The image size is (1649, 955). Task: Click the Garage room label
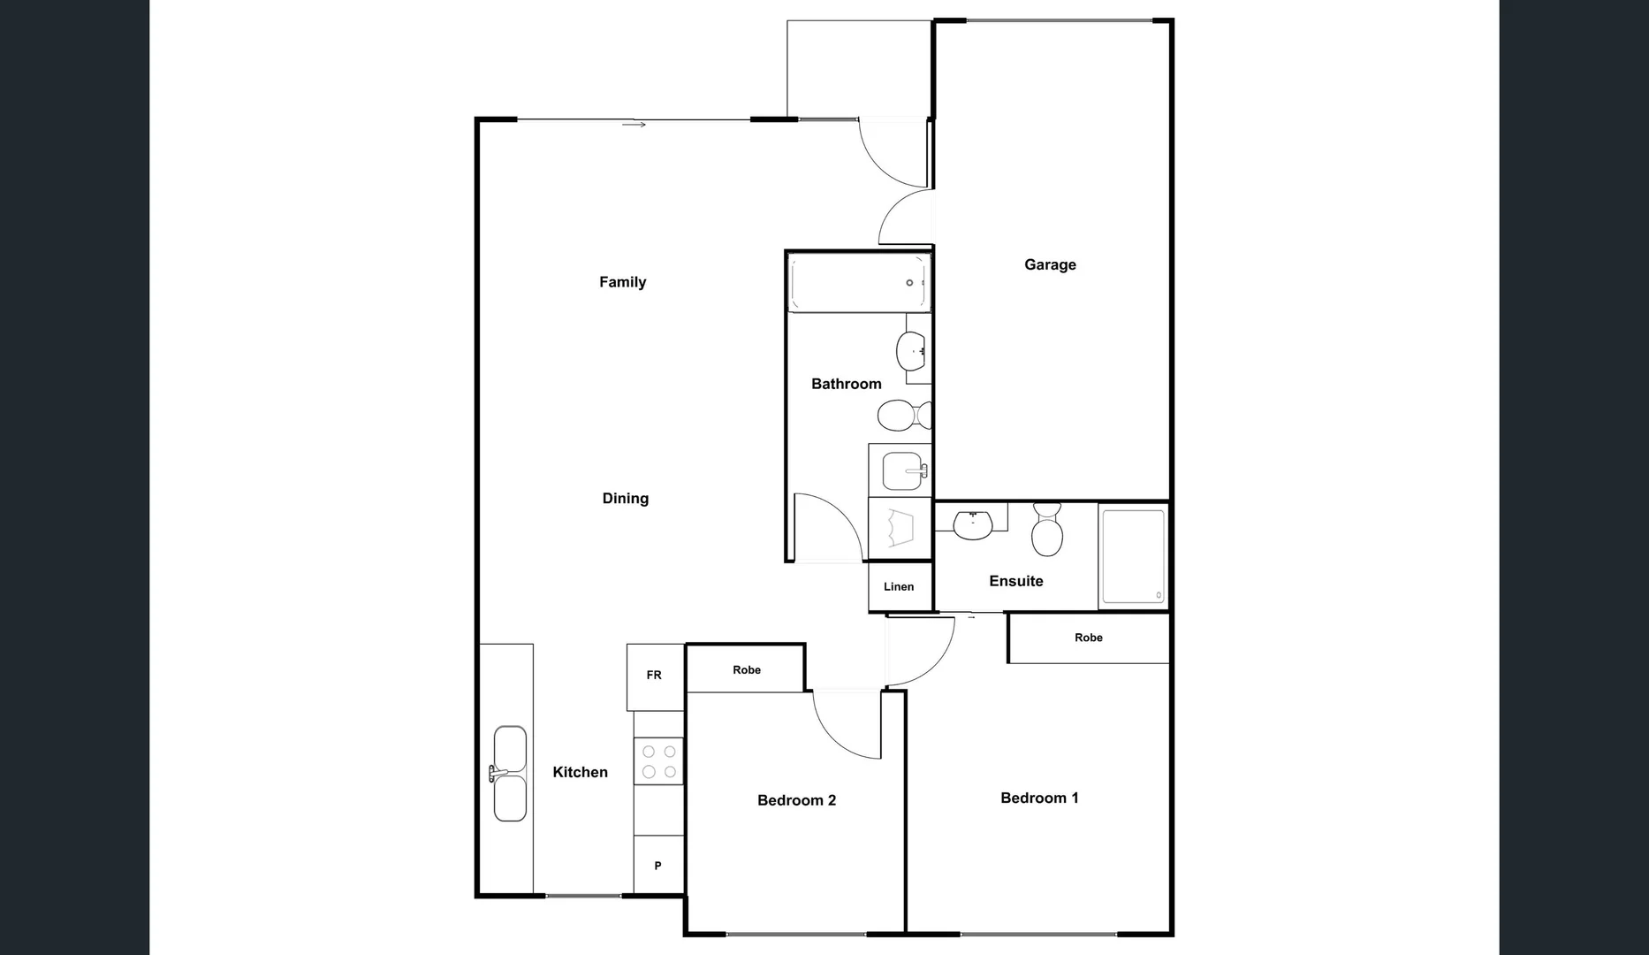(1050, 264)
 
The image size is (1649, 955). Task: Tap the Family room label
(622, 282)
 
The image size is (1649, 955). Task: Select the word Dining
(625, 499)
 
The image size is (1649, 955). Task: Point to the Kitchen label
(580, 772)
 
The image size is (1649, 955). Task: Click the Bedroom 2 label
(796, 800)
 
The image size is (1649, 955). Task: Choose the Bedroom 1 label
(1038, 798)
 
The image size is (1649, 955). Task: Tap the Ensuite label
(1015, 581)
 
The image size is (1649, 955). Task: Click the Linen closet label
(899, 586)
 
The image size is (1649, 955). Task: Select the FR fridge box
(654, 676)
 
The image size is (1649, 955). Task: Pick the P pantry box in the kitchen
(657, 866)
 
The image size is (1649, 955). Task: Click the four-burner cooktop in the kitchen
(658, 761)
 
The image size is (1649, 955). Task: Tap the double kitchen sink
(510, 774)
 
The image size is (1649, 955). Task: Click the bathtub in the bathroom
(858, 283)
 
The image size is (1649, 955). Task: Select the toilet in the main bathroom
(902, 414)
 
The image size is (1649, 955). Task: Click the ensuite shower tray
(1133, 556)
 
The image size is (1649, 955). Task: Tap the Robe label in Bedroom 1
(1088, 638)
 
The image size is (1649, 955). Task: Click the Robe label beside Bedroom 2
(746, 670)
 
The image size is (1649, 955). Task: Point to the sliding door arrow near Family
(634, 125)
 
